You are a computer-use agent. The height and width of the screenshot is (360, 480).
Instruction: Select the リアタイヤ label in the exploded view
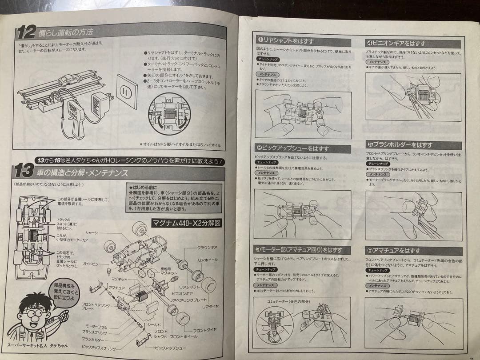210,306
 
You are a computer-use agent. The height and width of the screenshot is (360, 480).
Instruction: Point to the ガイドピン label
91,264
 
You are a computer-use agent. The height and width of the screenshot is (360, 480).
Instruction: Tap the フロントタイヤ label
205,330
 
